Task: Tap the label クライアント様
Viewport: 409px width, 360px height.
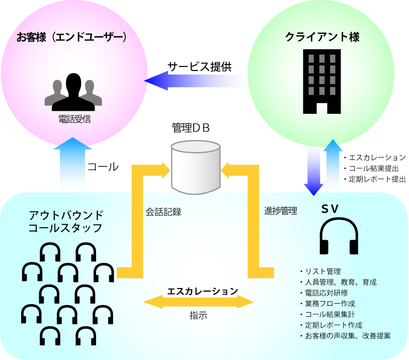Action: click(x=322, y=37)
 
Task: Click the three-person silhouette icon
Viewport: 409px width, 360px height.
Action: click(x=73, y=92)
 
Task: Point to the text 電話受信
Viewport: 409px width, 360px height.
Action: click(x=74, y=120)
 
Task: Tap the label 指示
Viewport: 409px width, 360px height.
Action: click(x=198, y=316)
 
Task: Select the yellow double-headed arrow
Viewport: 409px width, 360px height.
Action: click(x=199, y=302)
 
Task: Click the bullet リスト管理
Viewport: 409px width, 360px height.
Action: click(x=322, y=271)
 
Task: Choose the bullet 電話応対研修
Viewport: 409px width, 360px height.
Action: click(x=325, y=293)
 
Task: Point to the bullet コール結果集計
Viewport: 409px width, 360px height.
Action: click(x=329, y=314)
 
